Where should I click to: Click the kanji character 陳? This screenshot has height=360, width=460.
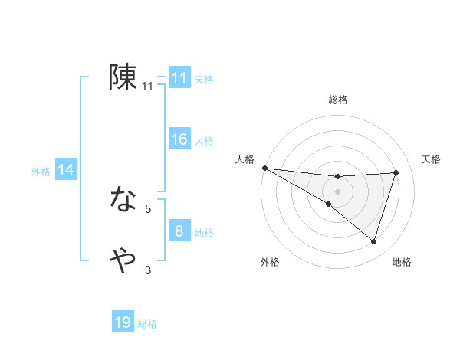pyautogui.click(x=123, y=77)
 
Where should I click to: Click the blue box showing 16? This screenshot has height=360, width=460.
pyautogui.click(x=179, y=139)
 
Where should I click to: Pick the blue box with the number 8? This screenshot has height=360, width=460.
pyautogui.click(x=179, y=231)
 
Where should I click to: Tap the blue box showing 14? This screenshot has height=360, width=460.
pyautogui.click(x=66, y=171)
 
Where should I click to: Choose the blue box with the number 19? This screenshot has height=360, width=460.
pyautogui.click(x=123, y=322)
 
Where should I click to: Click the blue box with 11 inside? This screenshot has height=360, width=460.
pyautogui.click(x=179, y=78)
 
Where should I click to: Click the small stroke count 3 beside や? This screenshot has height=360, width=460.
pyautogui.click(x=148, y=270)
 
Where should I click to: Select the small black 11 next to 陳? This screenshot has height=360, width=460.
pyautogui.click(x=148, y=87)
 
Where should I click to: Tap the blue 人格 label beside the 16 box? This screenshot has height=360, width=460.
pyautogui.click(x=204, y=141)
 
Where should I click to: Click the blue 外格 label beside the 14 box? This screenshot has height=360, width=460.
pyautogui.click(x=41, y=172)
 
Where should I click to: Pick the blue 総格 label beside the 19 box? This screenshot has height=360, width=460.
pyautogui.click(x=147, y=324)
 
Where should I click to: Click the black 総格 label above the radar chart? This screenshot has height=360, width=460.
pyautogui.click(x=337, y=100)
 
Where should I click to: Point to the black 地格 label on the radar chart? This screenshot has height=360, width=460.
pyautogui.click(x=402, y=262)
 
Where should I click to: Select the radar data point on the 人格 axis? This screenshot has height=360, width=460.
pyautogui.click(x=264, y=168)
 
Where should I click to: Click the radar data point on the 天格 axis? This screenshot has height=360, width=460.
pyautogui.click(x=396, y=172)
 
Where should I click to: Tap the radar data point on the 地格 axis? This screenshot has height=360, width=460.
pyautogui.click(x=373, y=241)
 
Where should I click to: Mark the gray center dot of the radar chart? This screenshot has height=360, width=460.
pyautogui.click(x=337, y=191)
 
